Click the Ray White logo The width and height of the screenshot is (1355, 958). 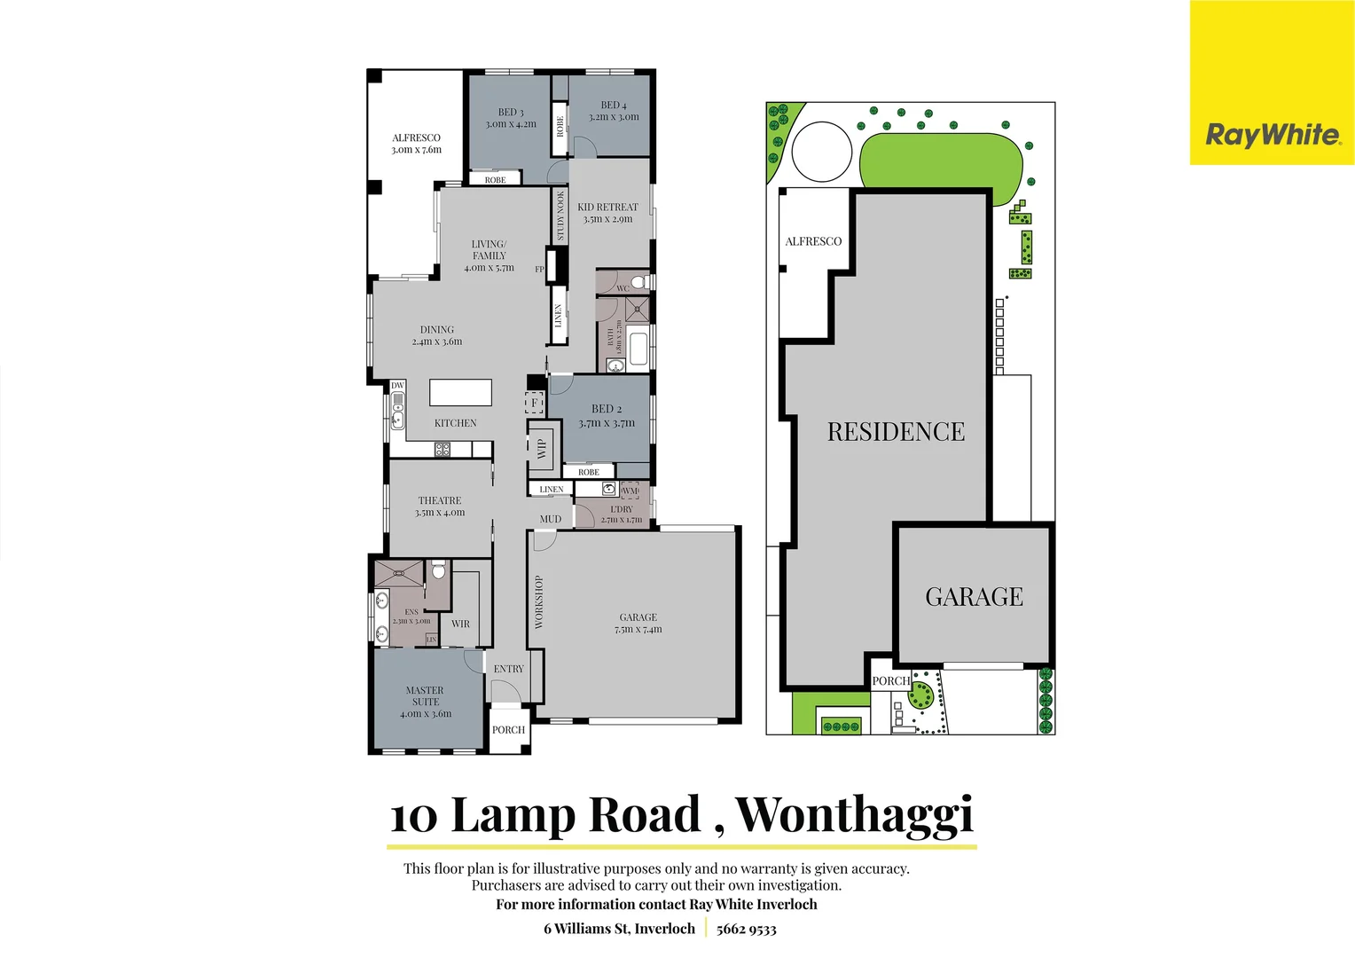click(1272, 135)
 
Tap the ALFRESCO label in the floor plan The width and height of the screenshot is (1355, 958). click(416, 144)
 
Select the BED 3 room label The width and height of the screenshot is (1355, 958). click(511, 118)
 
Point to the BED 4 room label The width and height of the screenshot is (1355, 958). click(613, 111)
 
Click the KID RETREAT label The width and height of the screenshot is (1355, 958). click(607, 213)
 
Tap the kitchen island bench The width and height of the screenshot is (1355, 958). click(460, 392)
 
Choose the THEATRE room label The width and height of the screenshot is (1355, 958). click(440, 506)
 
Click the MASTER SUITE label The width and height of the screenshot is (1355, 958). click(425, 702)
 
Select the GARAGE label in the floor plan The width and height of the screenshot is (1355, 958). click(638, 623)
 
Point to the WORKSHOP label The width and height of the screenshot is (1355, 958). click(538, 602)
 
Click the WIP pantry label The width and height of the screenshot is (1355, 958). click(542, 449)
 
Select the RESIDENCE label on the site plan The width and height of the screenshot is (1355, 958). click(896, 432)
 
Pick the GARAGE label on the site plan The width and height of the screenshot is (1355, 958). click(974, 597)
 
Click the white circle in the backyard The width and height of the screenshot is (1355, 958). click(821, 153)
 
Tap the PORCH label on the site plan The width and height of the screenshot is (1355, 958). click(890, 681)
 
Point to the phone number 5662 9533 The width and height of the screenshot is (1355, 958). click(746, 929)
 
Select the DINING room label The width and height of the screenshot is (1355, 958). click(437, 335)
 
